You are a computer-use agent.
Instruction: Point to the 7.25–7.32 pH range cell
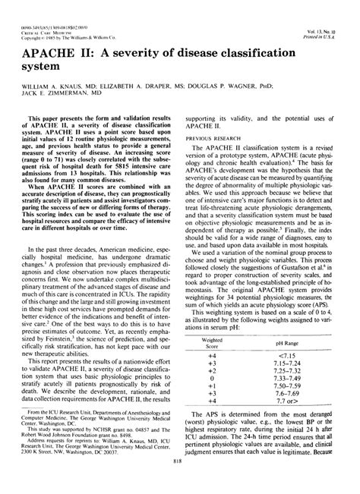[x=298, y=379]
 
